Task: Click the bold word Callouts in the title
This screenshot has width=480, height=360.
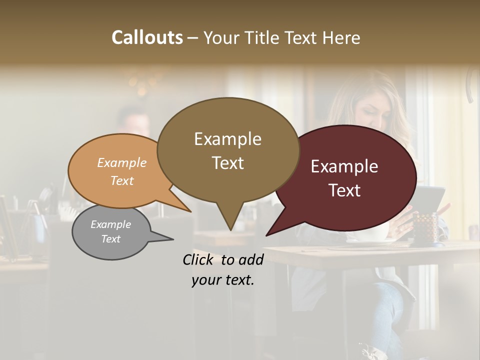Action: tap(147, 37)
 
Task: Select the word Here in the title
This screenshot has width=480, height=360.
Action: tap(342, 37)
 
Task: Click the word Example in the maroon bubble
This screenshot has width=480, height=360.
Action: tap(344, 166)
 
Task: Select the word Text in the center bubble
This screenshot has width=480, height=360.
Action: tap(228, 163)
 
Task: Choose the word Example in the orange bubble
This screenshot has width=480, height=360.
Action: tap(122, 162)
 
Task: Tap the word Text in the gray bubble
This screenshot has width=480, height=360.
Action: tap(111, 239)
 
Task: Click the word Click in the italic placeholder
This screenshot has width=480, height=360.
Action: tap(199, 259)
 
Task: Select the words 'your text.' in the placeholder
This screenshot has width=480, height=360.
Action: tap(223, 280)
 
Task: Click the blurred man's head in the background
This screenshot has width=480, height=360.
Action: tap(132, 120)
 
